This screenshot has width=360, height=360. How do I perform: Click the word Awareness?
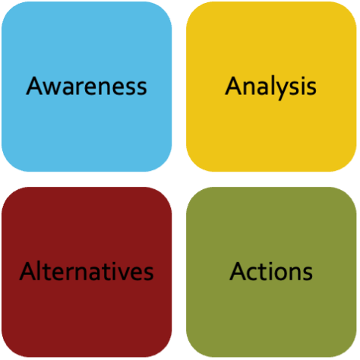pos(87,86)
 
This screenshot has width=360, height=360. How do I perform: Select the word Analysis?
pos(270,87)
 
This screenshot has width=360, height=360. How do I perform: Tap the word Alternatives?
pos(87,271)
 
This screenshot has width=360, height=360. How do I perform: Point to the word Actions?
pos(271,271)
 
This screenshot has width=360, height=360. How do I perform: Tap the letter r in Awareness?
pos(84,88)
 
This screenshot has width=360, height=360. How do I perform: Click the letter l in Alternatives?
pos(40,271)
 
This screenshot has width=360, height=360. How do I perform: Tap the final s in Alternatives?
pos(148,273)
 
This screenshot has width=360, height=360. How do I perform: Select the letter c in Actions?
pos(254,273)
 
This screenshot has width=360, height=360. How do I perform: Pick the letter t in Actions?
pos(264,272)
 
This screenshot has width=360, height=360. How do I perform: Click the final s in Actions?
pos(308,273)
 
